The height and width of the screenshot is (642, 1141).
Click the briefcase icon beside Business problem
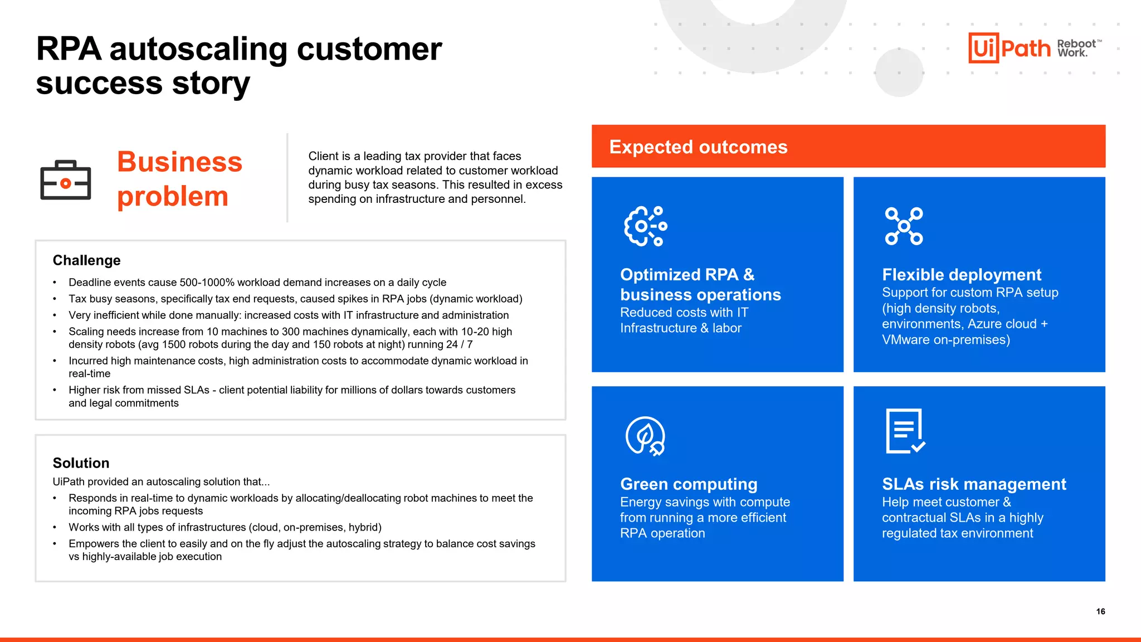click(66, 181)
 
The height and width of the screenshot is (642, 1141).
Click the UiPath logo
click(1009, 48)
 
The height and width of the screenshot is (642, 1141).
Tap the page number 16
click(1100, 611)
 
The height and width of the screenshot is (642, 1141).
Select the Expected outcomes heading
click(698, 147)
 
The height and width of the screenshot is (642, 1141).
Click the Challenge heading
click(86, 260)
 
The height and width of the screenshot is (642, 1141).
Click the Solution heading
click(81, 463)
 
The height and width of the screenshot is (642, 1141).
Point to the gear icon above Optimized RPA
click(645, 226)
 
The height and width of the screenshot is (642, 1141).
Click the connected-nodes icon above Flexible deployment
click(904, 226)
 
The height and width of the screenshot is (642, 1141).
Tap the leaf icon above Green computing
click(645, 436)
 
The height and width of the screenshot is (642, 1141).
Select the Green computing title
click(689, 484)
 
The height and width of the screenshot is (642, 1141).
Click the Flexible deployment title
click(961, 274)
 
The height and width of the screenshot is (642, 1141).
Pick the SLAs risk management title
click(973, 484)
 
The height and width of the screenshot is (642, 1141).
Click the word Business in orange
click(179, 162)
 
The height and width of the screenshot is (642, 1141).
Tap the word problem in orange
click(173, 197)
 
